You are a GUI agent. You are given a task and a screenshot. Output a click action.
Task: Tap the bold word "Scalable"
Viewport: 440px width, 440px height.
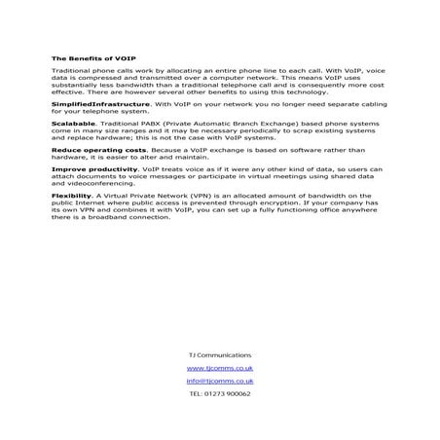coord(71,125)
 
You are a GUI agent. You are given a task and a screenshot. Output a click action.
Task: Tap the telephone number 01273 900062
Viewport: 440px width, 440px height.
coord(228,394)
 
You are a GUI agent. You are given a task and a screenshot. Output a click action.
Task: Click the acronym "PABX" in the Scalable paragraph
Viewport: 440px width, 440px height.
coord(158,125)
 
